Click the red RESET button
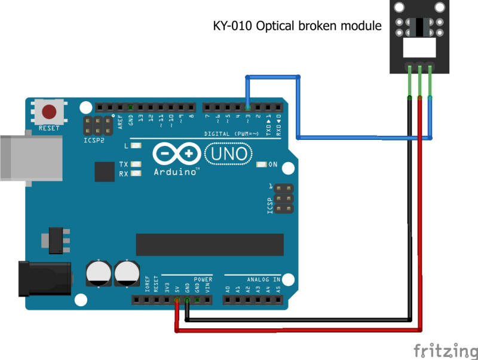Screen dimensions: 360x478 click(x=49, y=112)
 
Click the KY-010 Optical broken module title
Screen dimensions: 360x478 click(x=297, y=26)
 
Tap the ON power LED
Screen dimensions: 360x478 click(x=261, y=164)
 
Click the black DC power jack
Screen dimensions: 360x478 click(x=45, y=279)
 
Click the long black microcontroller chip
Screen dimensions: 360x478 click(x=210, y=245)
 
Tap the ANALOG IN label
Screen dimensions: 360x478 click(x=263, y=279)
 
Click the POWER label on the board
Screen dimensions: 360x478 click(x=203, y=279)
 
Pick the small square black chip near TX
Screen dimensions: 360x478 click(x=104, y=172)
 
